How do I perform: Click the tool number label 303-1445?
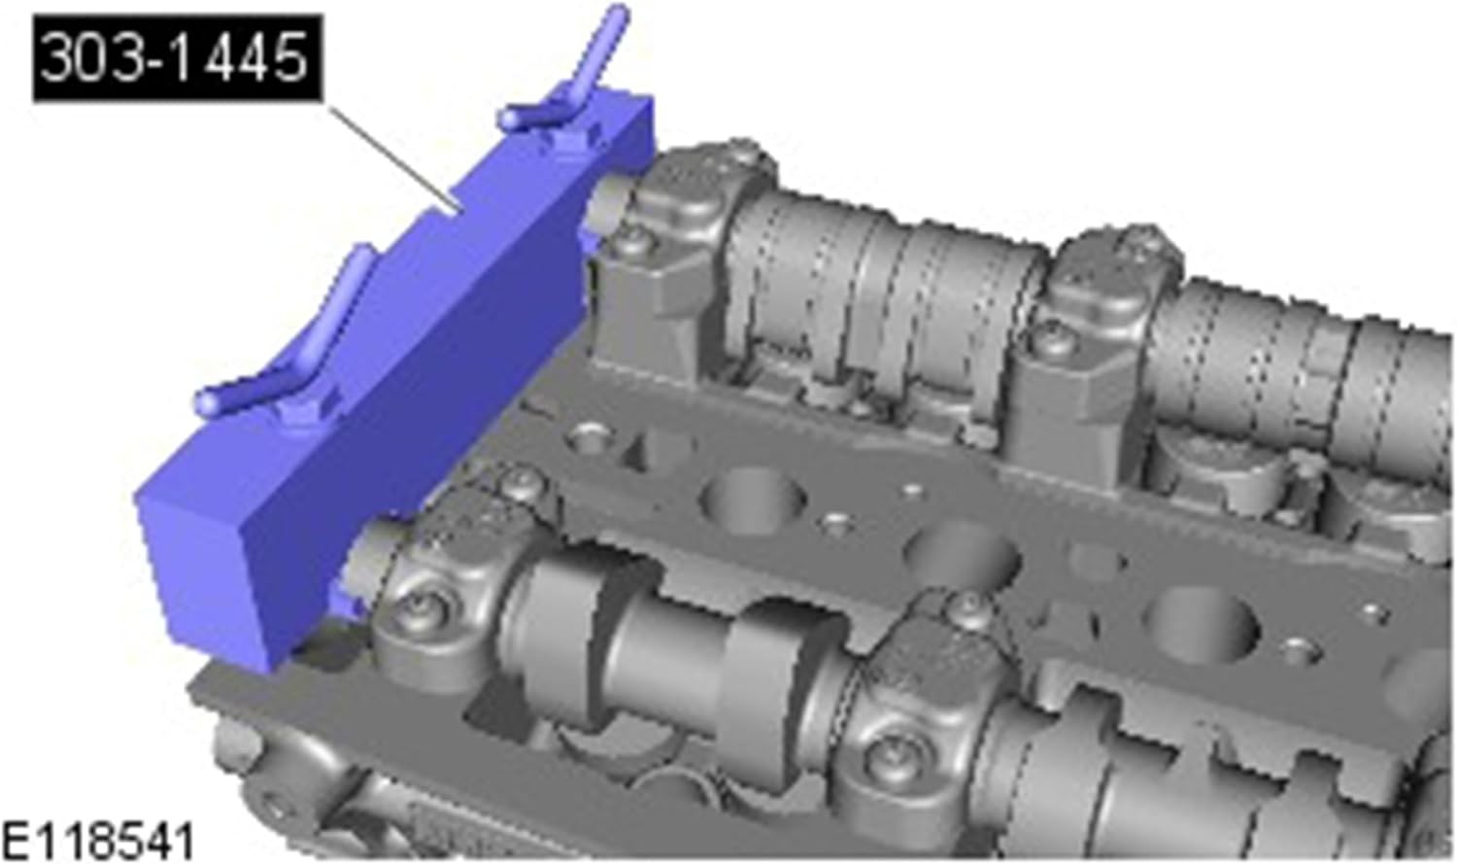pyautogui.click(x=176, y=57)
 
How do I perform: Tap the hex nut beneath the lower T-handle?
pyautogui.click(x=299, y=416)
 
